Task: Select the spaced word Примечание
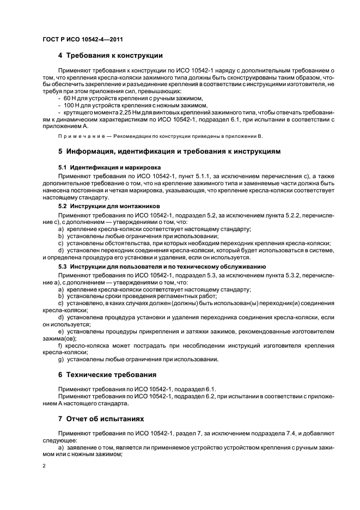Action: tap(81, 136)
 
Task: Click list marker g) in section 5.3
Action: tap(60, 359)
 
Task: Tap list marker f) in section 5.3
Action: tap(60, 345)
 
